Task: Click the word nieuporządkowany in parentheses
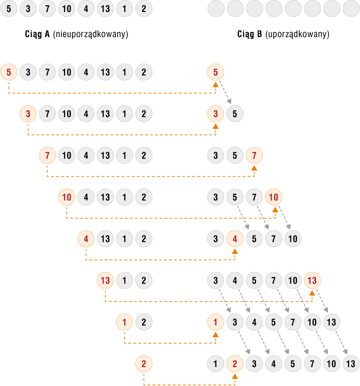(x=90, y=34)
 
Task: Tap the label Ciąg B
(x=249, y=34)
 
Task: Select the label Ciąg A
(x=37, y=34)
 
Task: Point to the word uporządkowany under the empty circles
(x=297, y=34)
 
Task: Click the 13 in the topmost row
(x=105, y=8)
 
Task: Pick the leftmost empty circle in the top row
(x=216, y=8)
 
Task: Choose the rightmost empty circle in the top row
(x=351, y=8)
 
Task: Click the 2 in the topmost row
(x=144, y=8)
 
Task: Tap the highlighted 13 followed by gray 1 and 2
(x=105, y=280)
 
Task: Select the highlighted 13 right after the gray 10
(x=312, y=280)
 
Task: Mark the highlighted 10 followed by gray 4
(x=66, y=197)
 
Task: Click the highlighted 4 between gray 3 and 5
(x=235, y=239)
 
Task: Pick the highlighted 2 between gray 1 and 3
(x=235, y=364)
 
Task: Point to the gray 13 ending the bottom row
(x=351, y=364)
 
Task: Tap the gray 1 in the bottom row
(x=215, y=364)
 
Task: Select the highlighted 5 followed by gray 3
(x=9, y=72)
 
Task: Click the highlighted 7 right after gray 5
(x=254, y=155)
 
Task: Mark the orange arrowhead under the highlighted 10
(x=275, y=209)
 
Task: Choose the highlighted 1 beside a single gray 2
(x=124, y=322)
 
